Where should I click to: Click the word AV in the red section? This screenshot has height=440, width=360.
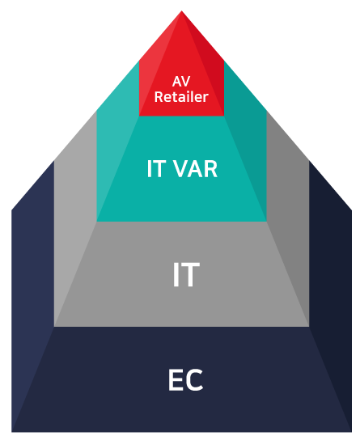point(181,82)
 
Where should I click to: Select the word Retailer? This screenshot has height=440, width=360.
point(181,97)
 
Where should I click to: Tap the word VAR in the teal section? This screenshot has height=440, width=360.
point(195,169)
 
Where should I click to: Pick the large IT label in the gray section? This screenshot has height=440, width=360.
point(186,274)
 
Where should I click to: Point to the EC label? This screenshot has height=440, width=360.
point(185,380)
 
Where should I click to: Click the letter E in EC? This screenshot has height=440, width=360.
point(175,380)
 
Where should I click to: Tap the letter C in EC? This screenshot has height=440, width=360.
point(194,380)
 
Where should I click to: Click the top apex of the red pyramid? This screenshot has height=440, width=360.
point(181,11)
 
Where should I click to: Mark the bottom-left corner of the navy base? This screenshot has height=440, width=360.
point(11,432)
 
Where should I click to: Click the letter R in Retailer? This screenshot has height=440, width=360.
point(159,97)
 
